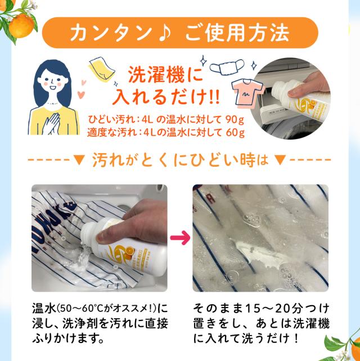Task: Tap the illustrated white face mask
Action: (x=227, y=67)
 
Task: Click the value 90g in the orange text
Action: (x=235, y=120)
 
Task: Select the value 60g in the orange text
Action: (x=235, y=133)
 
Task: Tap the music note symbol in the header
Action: (x=164, y=33)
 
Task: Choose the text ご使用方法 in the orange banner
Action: (x=237, y=33)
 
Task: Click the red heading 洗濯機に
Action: (x=166, y=75)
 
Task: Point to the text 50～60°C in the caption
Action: (x=74, y=308)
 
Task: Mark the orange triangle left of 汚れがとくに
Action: (x=79, y=160)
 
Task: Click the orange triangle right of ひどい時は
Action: (x=280, y=160)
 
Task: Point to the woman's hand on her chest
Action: (x=51, y=123)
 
